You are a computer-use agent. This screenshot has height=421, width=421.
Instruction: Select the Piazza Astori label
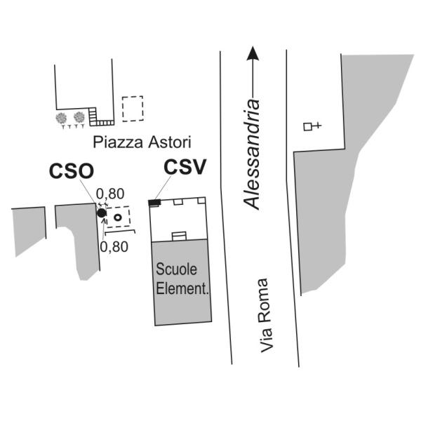click(x=132, y=142)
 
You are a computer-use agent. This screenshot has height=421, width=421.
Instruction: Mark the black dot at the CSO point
click(x=101, y=213)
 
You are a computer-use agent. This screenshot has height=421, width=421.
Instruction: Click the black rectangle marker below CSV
click(x=154, y=203)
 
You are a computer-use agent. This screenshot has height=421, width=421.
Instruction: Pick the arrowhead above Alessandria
click(x=253, y=53)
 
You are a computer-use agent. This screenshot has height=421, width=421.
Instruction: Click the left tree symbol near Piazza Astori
click(x=62, y=118)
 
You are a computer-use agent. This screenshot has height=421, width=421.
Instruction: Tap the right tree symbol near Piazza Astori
click(x=79, y=117)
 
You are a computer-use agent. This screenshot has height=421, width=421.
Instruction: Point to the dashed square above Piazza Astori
click(x=132, y=108)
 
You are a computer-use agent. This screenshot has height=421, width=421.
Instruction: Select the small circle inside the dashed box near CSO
click(x=118, y=218)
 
